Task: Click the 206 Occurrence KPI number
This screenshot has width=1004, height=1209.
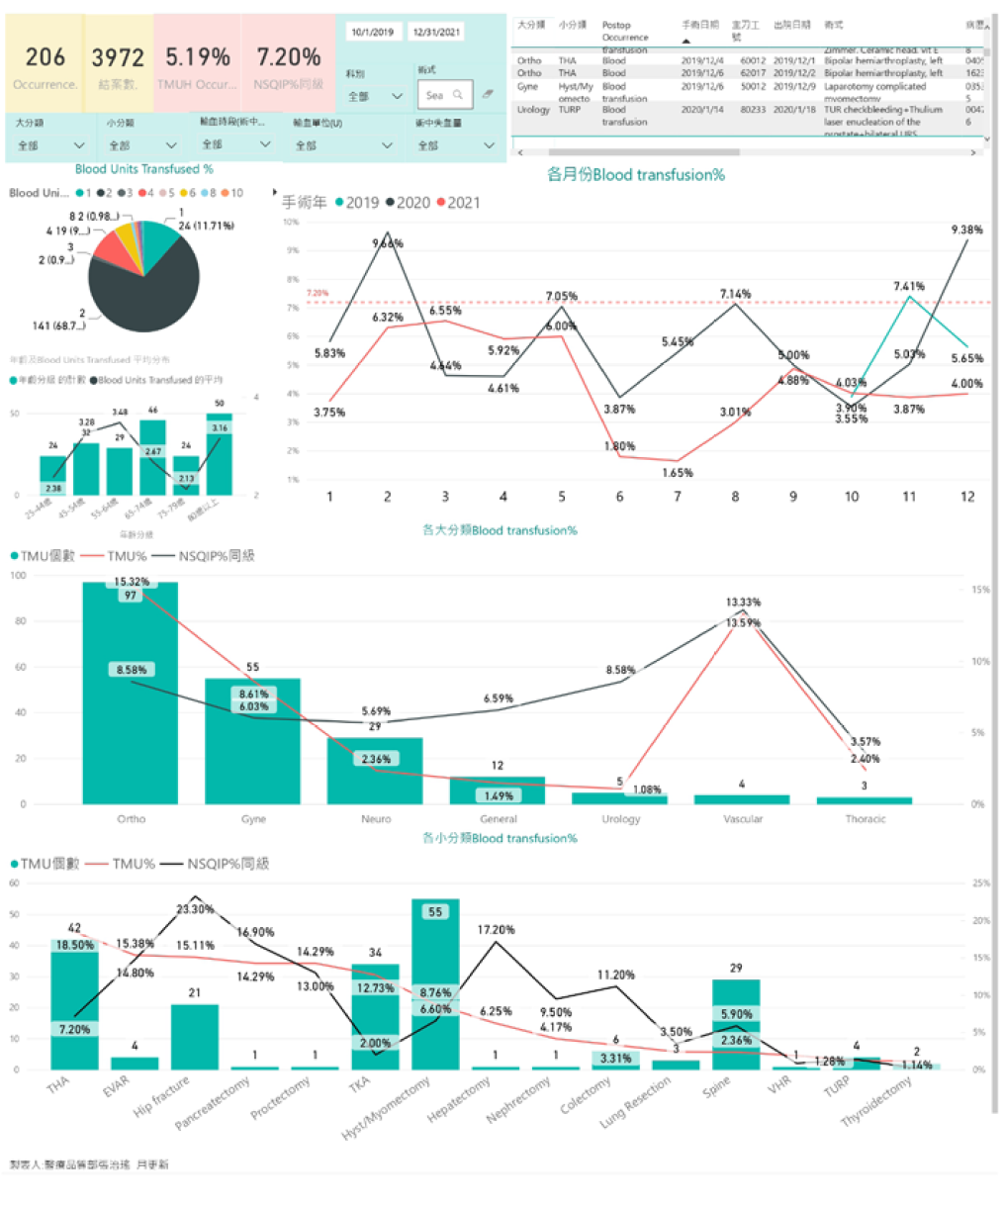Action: [x=46, y=57]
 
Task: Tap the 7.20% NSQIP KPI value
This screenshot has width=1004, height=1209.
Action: [x=288, y=57]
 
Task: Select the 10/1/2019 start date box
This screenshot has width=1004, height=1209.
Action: [x=372, y=32]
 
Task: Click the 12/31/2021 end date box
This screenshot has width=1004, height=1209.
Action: [x=436, y=32]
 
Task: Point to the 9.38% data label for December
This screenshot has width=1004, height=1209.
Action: [x=966, y=230]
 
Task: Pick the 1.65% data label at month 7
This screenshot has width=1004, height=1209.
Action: [x=677, y=473]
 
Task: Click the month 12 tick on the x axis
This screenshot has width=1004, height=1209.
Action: [x=966, y=497]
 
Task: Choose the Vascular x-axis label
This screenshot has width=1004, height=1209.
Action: [x=743, y=819]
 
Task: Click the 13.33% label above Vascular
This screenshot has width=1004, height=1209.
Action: [x=743, y=602]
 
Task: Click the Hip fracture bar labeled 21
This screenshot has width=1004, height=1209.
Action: [x=195, y=1039]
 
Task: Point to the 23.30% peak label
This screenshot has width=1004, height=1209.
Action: [x=195, y=909]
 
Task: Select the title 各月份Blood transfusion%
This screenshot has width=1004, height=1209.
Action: [x=635, y=175]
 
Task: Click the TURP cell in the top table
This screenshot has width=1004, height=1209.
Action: [x=569, y=110]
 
